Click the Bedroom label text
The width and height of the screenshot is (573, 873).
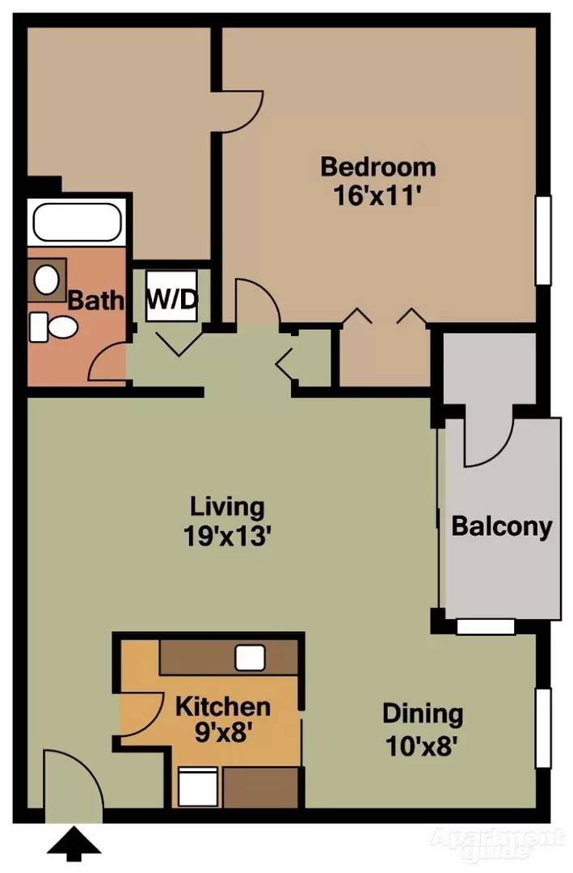(377, 167)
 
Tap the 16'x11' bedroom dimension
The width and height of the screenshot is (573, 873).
(377, 196)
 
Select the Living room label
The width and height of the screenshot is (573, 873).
(226, 508)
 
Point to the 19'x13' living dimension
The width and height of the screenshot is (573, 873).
(226, 536)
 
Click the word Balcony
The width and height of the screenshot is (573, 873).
(501, 527)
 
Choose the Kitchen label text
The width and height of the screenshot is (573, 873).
(222, 706)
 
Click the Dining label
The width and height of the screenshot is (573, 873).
(422, 715)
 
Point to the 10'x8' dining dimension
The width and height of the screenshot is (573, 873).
(422, 744)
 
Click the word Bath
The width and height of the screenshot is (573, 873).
(95, 301)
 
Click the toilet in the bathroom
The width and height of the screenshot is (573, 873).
(53, 327)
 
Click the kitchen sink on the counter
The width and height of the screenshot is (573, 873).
(251, 657)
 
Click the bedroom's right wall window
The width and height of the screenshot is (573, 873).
(544, 240)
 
